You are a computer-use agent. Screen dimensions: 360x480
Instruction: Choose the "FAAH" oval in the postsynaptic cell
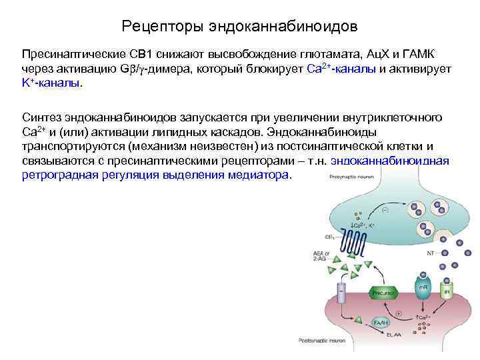(x=381, y=322)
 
